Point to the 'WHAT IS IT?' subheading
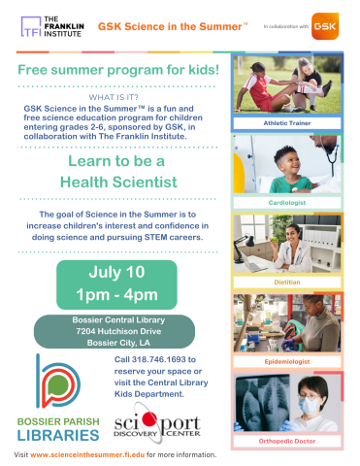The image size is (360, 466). (x=119, y=97)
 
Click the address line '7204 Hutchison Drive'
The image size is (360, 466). (x=118, y=332)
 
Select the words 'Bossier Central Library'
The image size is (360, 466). (x=118, y=319)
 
